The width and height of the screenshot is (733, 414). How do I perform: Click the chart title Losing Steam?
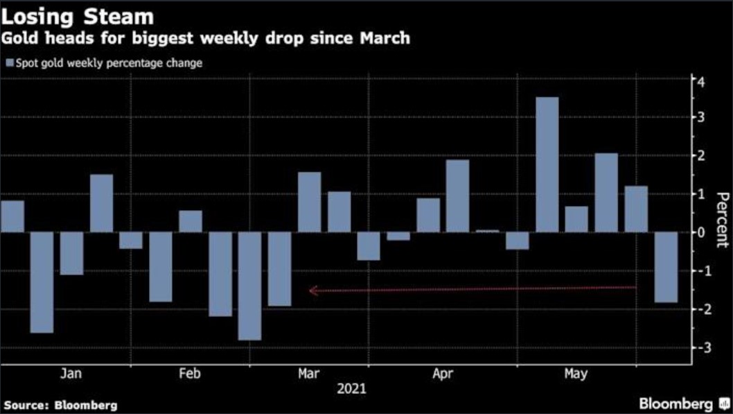pyautogui.click(x=77, y=15)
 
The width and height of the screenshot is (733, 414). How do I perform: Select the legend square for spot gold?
pyautogui.click(x=8, y=64)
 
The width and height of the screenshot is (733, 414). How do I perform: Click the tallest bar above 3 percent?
pyautogui.click(x=547, y=164)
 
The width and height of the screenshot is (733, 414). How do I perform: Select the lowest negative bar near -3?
pyautogui.click(x=249, y=286)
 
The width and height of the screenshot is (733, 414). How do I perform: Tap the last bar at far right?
pyautogui.click(x=666, y=267)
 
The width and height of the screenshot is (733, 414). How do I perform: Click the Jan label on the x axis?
pyautogui.click(x=71, y=374)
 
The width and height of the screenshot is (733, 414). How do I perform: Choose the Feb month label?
pyautogui.click(x=190, y=374)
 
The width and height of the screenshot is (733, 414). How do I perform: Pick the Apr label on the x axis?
pyautogui.click(x=443, y=374)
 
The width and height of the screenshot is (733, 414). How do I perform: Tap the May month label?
pyautogui.click(x=575, y=374)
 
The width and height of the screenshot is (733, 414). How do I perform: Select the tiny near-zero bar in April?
pyautogui.click(x=487, y=231)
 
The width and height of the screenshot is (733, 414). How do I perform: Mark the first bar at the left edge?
pyautogui.click(x=12, y=216)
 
